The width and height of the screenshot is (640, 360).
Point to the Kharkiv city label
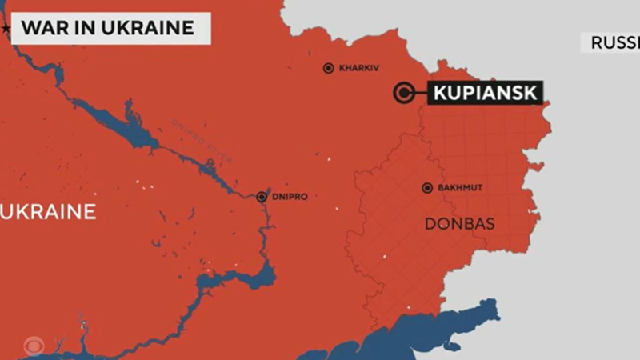click(x=358, y=69)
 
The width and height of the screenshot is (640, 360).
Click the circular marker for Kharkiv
click(x=328, y=69)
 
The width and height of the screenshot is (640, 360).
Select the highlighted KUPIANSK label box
click(x=484, y=93)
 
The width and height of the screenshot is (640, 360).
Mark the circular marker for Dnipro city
click(x=262, y=197)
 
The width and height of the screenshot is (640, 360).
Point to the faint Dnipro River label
click(x=202, y=144)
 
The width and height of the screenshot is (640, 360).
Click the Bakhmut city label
click(x=462, y=189)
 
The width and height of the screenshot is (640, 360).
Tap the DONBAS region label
click(x=459, y=224)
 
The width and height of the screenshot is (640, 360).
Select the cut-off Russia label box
click(x=612, y=42)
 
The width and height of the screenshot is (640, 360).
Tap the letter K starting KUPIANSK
click(x=439, y=93)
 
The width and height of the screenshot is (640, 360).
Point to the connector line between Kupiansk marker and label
click(x=420, y=93)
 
